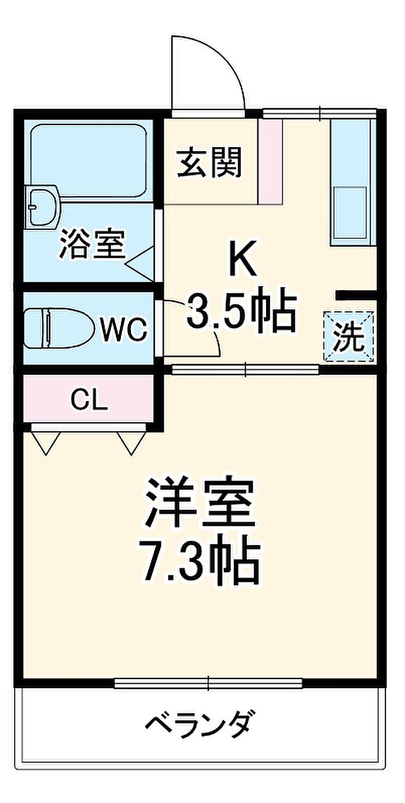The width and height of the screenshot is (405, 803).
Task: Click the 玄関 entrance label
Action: click(x=209, y=163)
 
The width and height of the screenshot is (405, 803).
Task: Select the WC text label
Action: click(x=124, y=329)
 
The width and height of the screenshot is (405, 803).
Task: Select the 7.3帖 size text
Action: click(x=199, y=566)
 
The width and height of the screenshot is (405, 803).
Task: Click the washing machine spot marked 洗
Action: click(x=349, y=336)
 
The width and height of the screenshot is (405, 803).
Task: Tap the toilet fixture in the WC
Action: click(x=60, y=328)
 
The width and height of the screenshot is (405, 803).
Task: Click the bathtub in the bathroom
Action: click(x=89, y=160)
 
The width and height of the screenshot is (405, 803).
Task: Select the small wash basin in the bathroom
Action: click(x=42, y=207)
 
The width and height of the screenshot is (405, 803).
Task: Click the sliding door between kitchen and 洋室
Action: click(x=245, y=369)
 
